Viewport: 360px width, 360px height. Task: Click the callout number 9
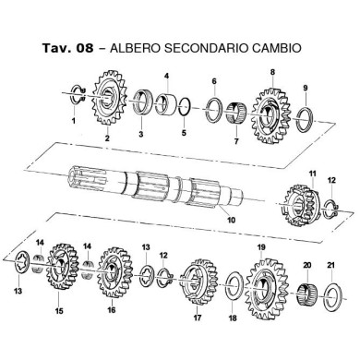click(x=303, y=89)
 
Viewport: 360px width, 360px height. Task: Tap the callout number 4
click(x=166, y=75)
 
